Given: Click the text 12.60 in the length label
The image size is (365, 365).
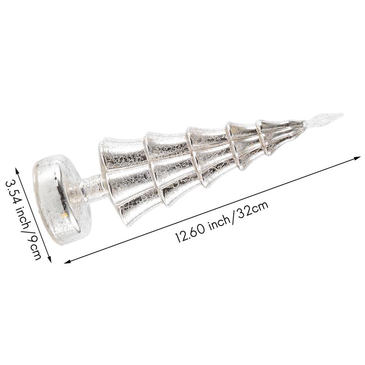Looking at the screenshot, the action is (190, 235).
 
